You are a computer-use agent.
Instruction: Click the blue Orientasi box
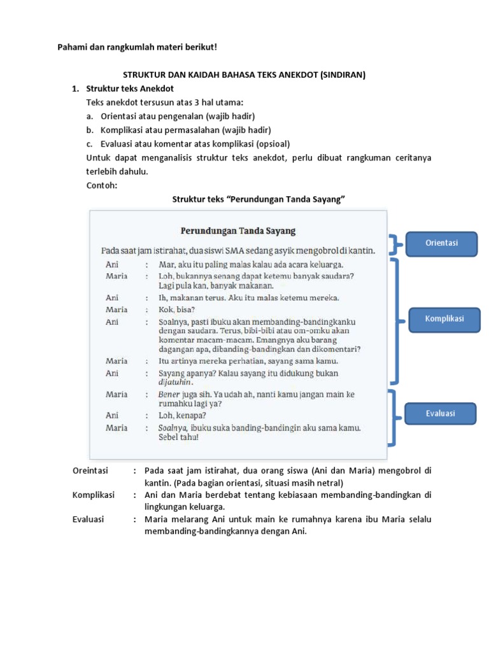click(x=442, y=243)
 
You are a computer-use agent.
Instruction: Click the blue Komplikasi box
click(x=444, y=318)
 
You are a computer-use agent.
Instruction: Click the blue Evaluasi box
click(x=441, y=413)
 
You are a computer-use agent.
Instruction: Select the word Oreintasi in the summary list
click(x=90, y=471)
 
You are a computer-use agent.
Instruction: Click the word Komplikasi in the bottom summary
click(x=93, y=495)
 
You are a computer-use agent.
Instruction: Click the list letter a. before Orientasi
click(x=90, y=116)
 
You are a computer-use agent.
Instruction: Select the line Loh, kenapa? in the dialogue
click(x=182, y=415)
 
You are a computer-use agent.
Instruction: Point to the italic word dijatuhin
click(x=176, y=383)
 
